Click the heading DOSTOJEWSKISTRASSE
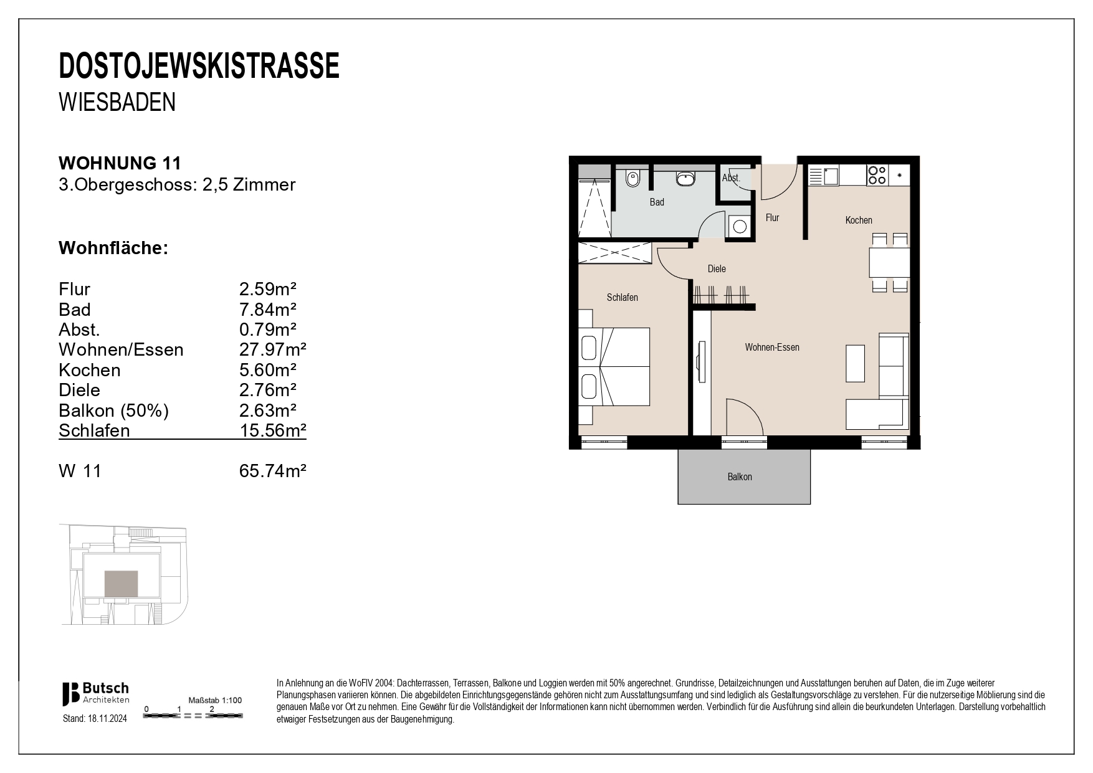click(x=199, y=66)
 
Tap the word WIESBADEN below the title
click(x=117, y=102)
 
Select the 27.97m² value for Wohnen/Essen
click(x=272, y=349)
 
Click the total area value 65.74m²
click(x=272, y=471)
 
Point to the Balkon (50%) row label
click(x=113, y=410)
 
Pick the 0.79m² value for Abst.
click(x=267, y=330)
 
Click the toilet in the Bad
click(x=632, y=179)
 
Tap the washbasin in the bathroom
click(x=685, y=178)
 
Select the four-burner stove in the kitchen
click(x=877, y=175)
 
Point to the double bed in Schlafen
click(x=614, y=367)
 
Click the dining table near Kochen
click(x=889, y=262)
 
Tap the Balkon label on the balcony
click(x=740, y=477)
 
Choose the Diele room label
click(x=717, y=269)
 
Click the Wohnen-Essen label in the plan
click(x=771, y=348)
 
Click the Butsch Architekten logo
click(x=95, y=693)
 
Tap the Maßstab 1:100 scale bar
click(x=193, y=716)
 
